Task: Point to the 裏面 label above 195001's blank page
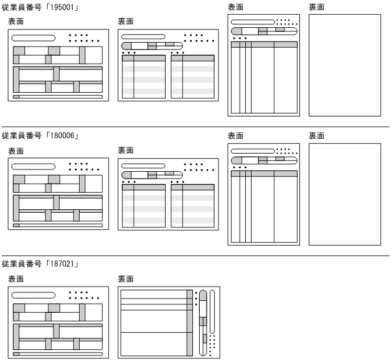coord(317,7)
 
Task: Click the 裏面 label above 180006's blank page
coord(317,135)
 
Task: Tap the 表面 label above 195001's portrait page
coord(236,7)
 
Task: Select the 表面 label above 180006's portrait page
coord(236,135)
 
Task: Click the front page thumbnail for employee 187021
coord(57,321)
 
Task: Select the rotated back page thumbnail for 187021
coord(168,321)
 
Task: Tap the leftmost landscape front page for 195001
coord(57,65)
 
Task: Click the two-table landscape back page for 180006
coord(168,194)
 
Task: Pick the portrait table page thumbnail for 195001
coord(264,65)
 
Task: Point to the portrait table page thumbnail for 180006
coord(264,194)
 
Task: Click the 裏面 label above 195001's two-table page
coord(126,21)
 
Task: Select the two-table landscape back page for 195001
coord(168,65)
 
